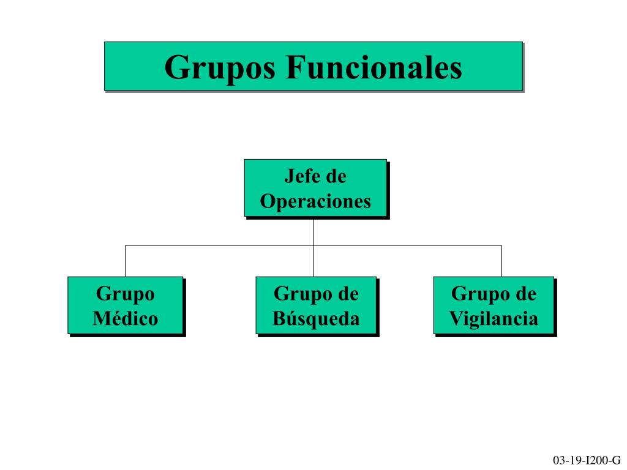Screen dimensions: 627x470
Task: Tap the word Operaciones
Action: [x=315, y=201]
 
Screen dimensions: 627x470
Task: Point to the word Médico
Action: [x=126, y=318]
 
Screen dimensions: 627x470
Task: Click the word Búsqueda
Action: [x=316, y=318]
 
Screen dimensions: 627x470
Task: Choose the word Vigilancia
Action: [x=494, y=318]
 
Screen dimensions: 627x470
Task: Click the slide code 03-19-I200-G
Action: [x=587, y=460]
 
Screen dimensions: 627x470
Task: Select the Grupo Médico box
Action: [x=126, y=305]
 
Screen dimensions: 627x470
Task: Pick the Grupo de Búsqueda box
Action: [x=316, y=305]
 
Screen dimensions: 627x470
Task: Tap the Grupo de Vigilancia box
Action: [x=494, y=305]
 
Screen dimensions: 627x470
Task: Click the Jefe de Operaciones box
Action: [x=315, y=188]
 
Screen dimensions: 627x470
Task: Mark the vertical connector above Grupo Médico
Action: [x=126, y=261]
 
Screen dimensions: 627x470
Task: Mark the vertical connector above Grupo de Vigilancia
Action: [x=501, y=261]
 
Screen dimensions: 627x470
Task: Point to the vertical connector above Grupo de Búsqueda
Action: [x=313, y=261]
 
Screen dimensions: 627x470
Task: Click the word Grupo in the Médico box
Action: [x=126, y=294]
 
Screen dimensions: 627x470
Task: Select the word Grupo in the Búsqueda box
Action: [x=299, y=294]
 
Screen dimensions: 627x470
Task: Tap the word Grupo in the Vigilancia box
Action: [x=476, y=294]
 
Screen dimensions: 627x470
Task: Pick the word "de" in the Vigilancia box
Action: [x=525, y=294]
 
